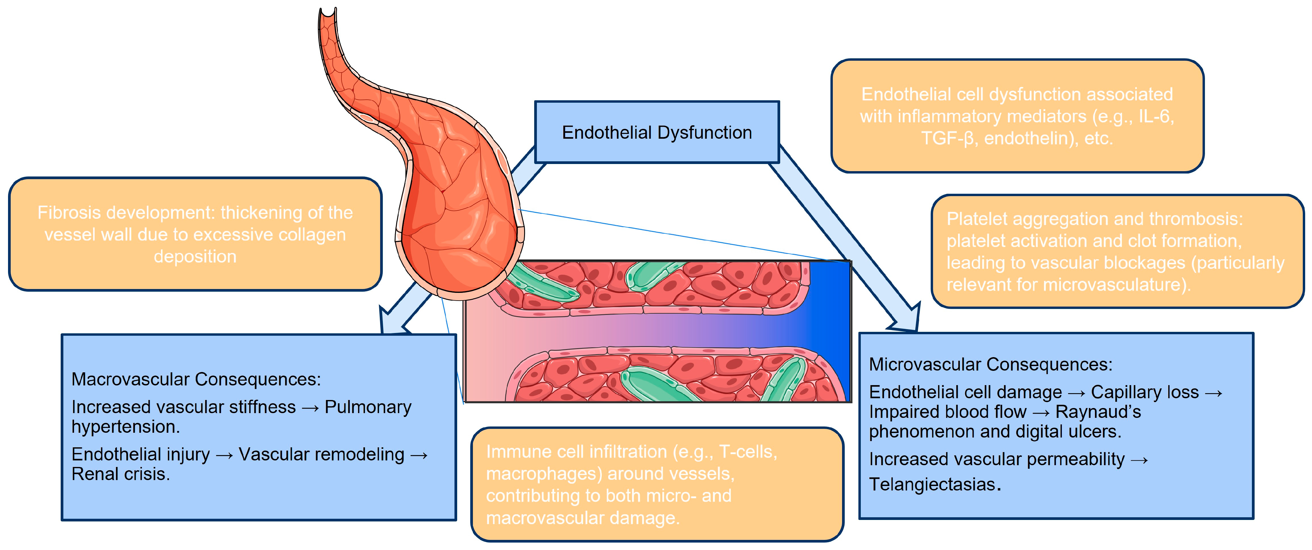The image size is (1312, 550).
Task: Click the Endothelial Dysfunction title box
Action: (656, 132)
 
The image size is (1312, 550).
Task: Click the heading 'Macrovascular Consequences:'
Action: (196, 379)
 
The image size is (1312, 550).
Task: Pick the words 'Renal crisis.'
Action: (121, 474)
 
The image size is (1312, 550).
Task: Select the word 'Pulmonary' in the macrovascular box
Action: (368, 407)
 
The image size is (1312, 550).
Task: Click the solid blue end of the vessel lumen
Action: (830, 331)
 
